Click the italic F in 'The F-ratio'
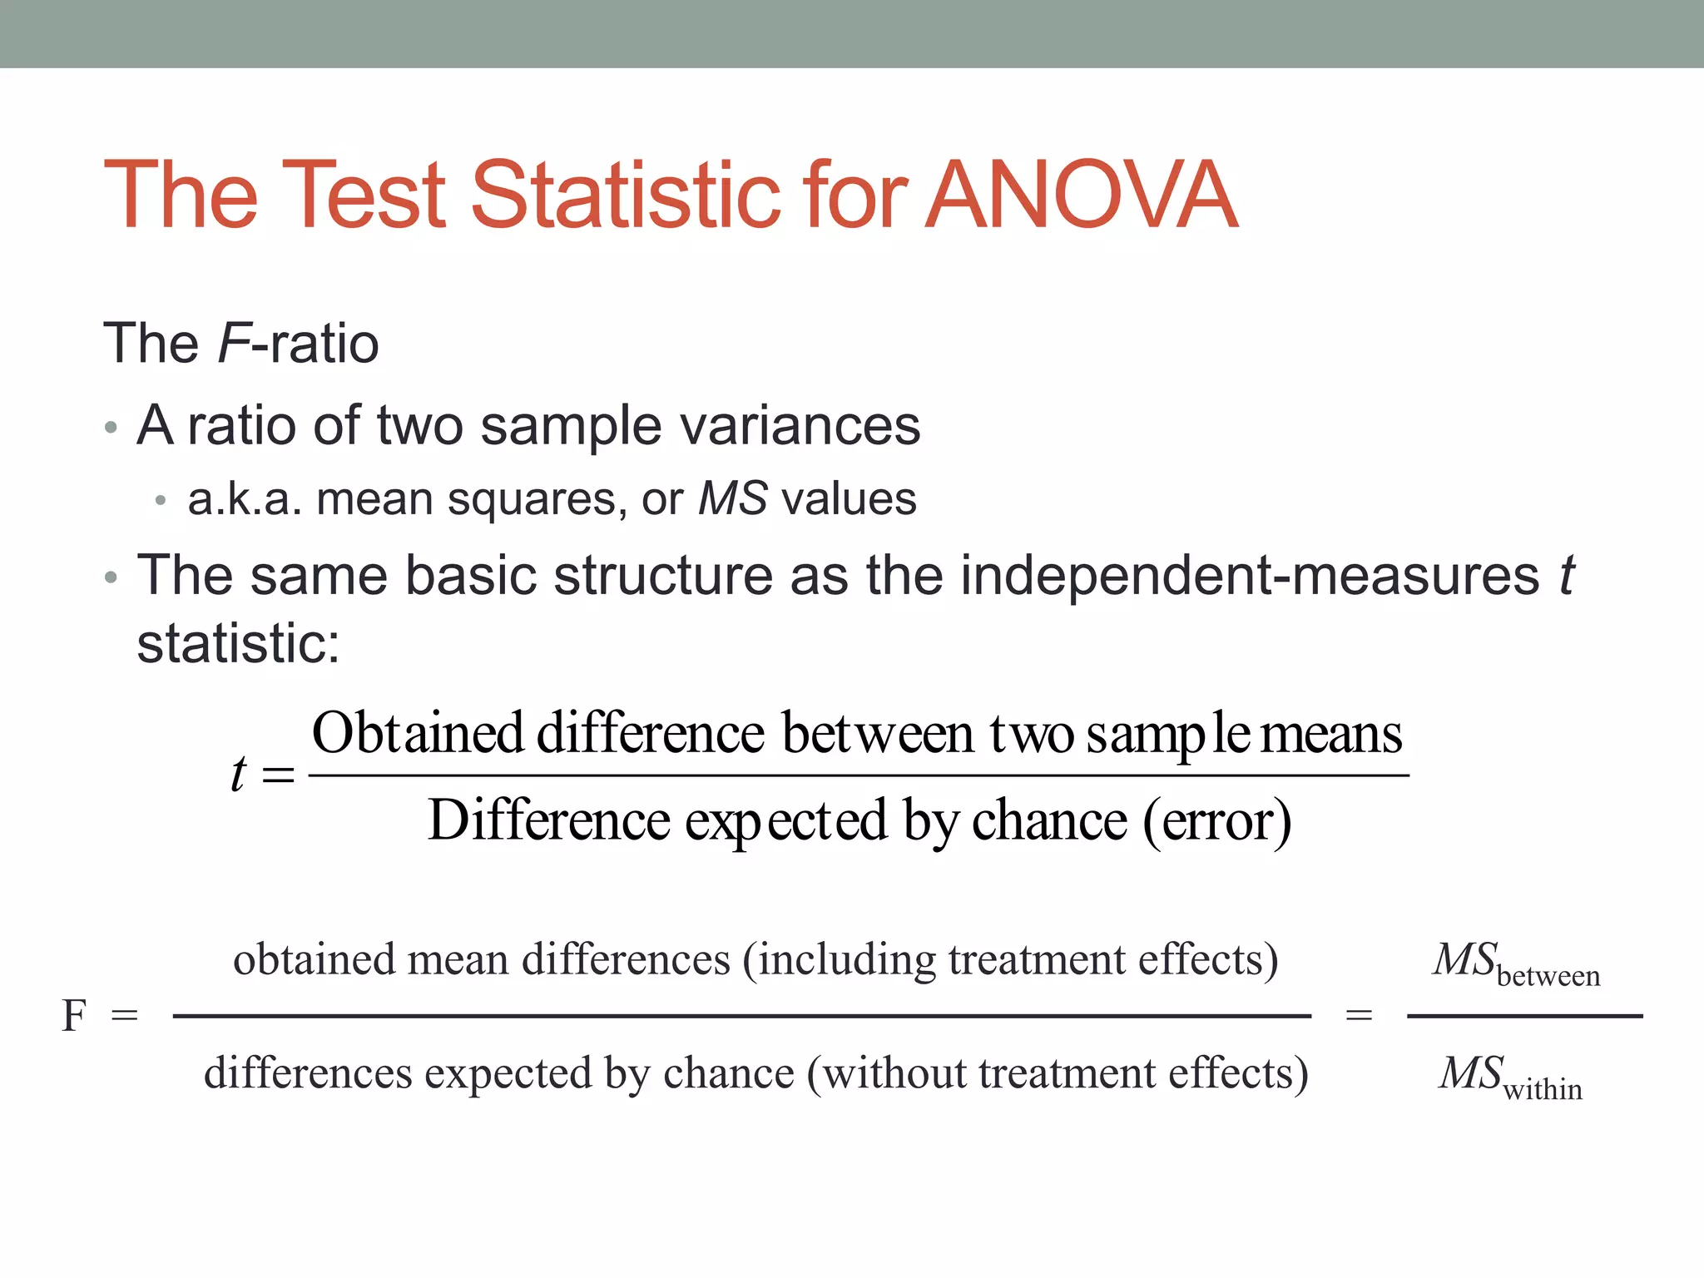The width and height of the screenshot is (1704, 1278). [234, 343]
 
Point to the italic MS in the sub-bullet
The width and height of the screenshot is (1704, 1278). [732, 499]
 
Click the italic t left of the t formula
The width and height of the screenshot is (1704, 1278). [239, 774]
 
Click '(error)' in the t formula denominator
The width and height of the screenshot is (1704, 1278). [1217, 822]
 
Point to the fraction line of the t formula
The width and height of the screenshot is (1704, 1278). [858, 775]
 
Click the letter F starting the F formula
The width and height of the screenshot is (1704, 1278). [74, 1016]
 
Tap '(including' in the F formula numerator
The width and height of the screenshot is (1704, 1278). [840, 960]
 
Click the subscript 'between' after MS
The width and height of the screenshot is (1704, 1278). [1548, 975]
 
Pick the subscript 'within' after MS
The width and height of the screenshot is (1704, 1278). [1543, 1089]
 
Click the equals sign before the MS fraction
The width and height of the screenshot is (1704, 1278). [1359, 1015]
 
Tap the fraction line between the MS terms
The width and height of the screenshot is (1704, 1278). [1524, 1016]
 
